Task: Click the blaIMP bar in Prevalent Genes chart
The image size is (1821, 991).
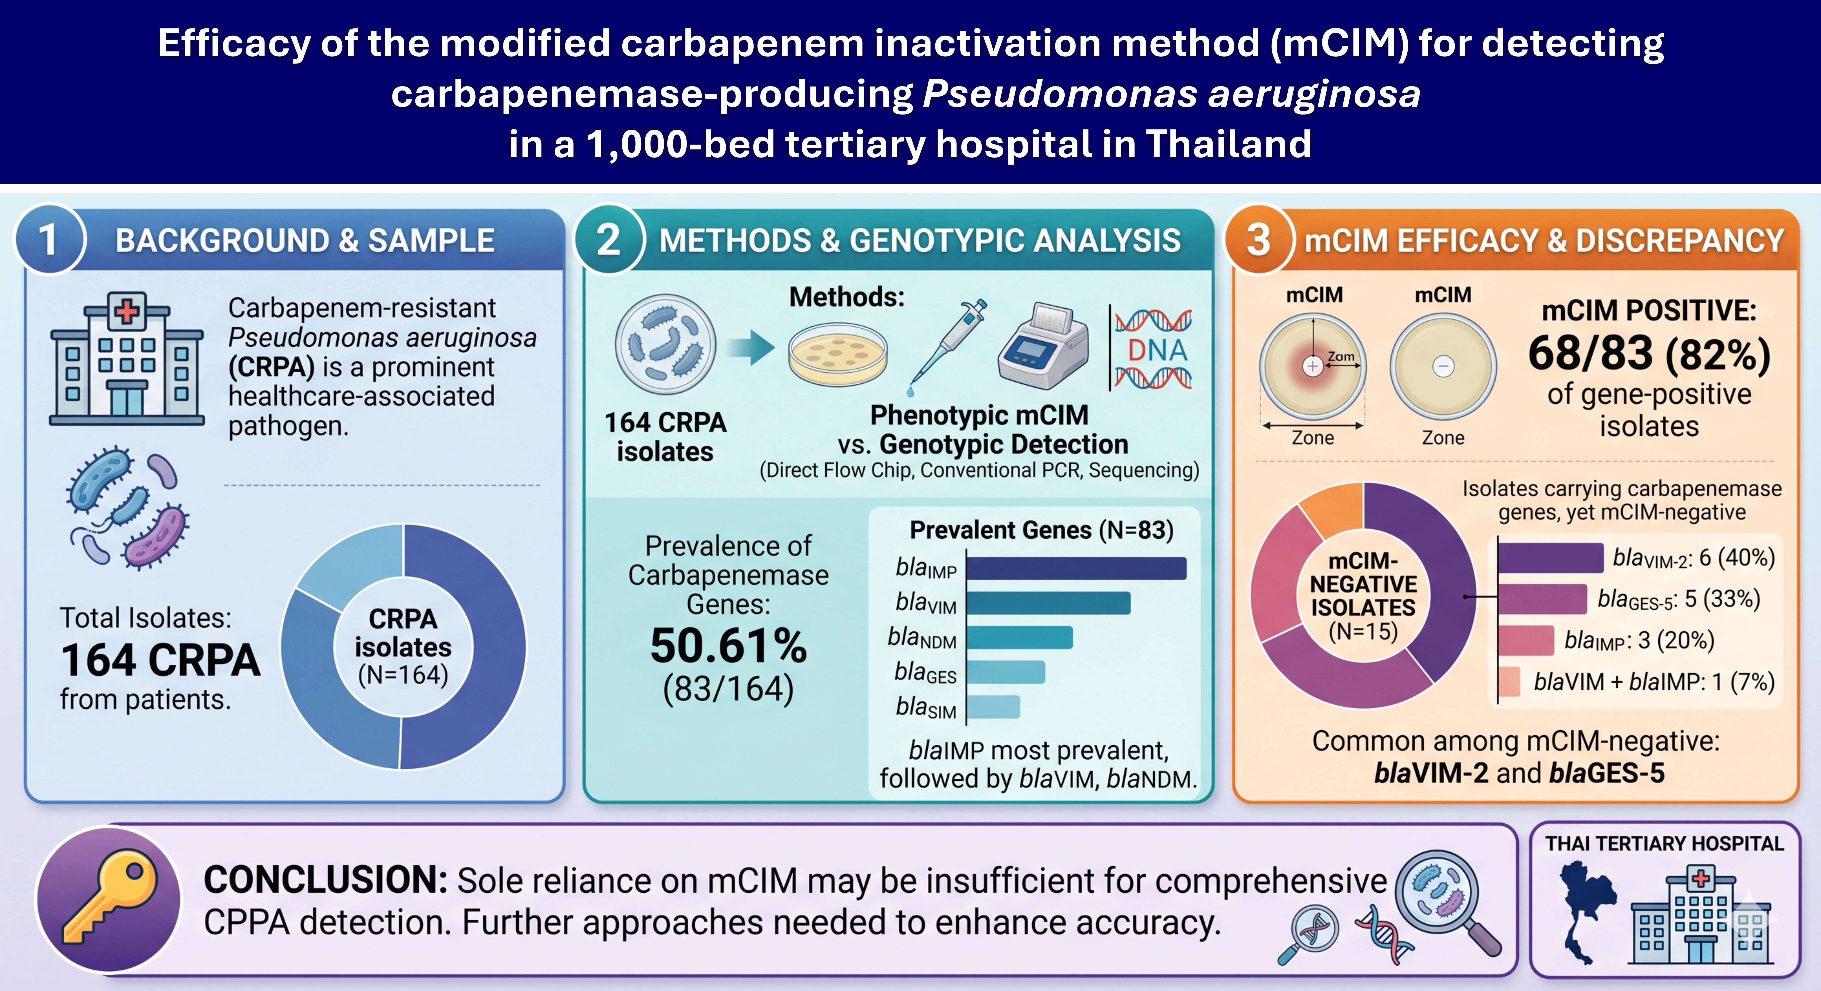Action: click(x=1076, y=568)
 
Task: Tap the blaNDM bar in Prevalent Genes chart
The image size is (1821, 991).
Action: click(x=1019, y=638)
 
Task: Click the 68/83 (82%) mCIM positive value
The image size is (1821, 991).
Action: click(x=1649, y=353)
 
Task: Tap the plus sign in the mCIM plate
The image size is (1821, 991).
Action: click(x=1313, y=366)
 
